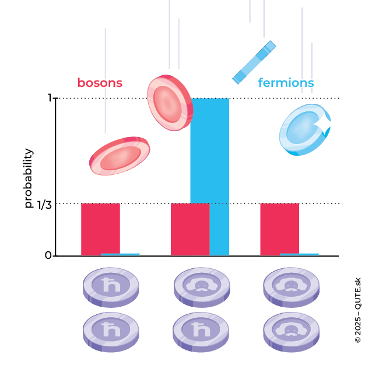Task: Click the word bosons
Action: [x=100, y=83]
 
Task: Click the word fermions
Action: [x=286, y=83]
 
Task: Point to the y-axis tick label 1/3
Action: [x=44, y=204]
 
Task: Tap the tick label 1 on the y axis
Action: [x=50, y=98]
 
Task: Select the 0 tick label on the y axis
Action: [x=48, y=255]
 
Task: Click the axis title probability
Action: [x=29, y=178]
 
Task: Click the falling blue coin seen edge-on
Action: [x=254, y=62]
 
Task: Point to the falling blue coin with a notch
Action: [x=304, y=130]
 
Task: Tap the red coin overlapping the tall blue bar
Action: [x=170, y=103]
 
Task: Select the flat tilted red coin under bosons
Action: [x=120, y=156]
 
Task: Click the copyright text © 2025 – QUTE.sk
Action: [x=357, y=309]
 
